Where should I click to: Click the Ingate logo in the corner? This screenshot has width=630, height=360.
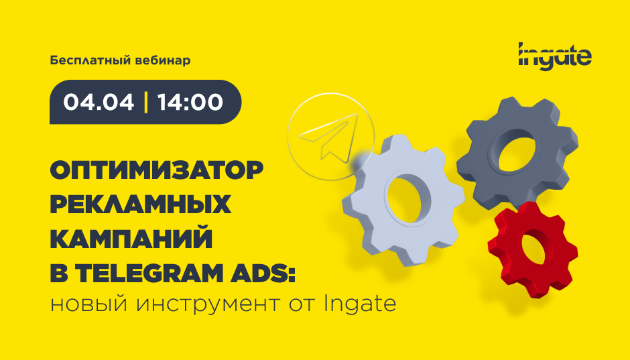(x=555, y=54)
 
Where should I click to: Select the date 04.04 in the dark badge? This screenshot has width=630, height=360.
(x=98, y=102)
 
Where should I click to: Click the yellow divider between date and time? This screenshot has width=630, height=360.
(x=145, y=102)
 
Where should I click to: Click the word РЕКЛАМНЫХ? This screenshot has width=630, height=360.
(x=141, y=205)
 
